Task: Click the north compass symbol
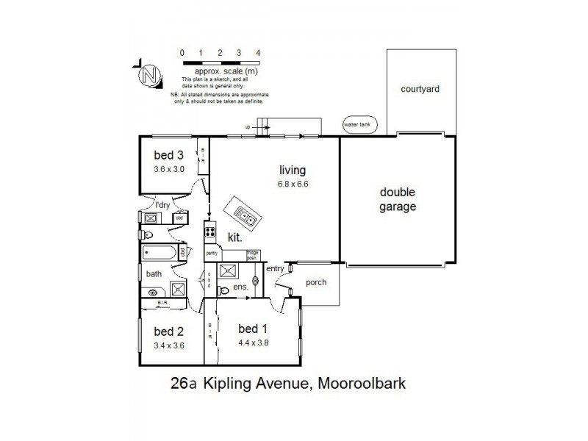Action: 150,74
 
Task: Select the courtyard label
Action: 420,89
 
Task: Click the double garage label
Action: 398,200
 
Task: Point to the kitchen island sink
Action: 243,213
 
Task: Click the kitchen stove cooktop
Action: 209,234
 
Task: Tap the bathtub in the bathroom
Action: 158,254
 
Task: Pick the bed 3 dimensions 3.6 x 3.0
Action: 168,168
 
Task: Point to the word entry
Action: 274,268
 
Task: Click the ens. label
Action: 240,287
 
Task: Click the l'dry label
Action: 162,205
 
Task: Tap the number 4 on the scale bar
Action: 258,54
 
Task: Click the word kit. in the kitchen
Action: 234,237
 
